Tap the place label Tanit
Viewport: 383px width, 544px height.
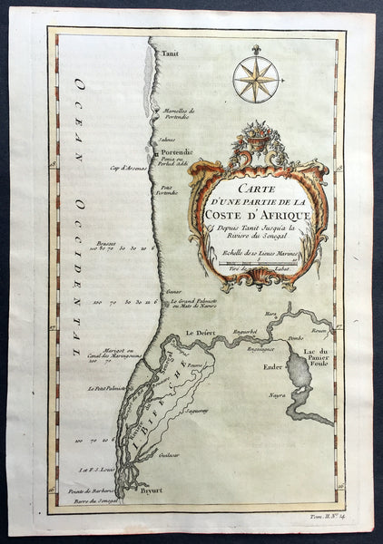point(170,54)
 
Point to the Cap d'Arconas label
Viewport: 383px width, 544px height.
point(129,167)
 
